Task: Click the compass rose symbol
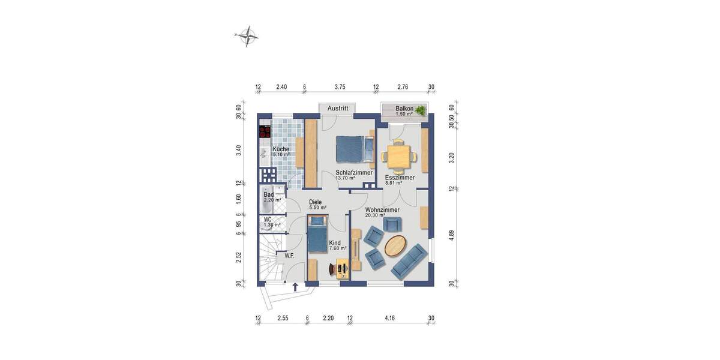click(x=247, y=36)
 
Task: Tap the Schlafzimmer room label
click(x=354, y=172)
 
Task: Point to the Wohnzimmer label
click(x=382, y=210)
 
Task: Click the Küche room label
click(x=281, y=149)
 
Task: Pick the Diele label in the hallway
click(x=316, y=202)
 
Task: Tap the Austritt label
click(x=337, y=109)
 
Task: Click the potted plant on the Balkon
click(x=422, y=110)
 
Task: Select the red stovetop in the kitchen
click(x=265, y=131)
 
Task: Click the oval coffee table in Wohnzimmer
click(x=395, y=245)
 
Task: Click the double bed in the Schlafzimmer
click(x=350, y=149)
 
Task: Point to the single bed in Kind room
click(x=317, y=237)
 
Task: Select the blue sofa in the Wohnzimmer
click(x=408, y=262)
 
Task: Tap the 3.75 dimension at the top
click(x=340, y=86)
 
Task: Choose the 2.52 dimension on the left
click(x=239, y=257)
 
